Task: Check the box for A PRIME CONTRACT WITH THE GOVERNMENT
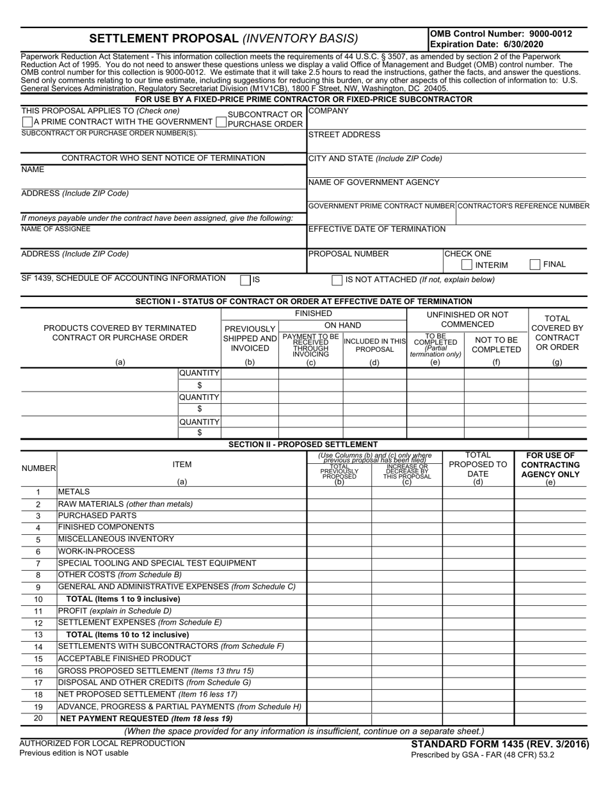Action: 27,122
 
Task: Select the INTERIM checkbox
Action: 467,265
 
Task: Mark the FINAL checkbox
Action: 535,264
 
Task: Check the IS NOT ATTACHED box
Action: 337,280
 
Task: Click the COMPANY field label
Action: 328,111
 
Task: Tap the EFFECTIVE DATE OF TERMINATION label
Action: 377,229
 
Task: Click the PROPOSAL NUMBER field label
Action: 348,253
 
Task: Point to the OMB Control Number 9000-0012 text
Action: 500,34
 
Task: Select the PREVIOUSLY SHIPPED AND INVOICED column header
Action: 250,338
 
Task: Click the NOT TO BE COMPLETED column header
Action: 496,344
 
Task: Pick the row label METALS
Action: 74,491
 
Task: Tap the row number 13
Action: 38,635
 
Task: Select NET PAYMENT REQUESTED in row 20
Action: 145,719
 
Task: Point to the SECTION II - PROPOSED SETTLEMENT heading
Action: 303,444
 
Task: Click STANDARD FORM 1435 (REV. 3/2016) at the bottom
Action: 500,744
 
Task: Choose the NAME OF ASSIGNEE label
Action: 56,228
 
